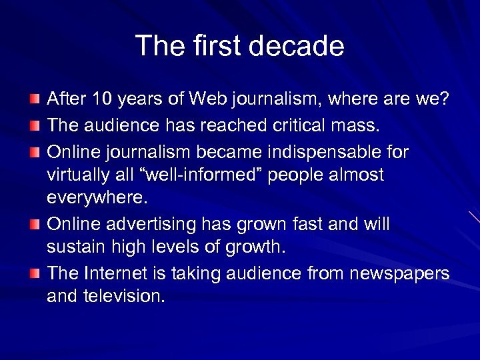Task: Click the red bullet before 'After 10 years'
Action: [34, 99]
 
